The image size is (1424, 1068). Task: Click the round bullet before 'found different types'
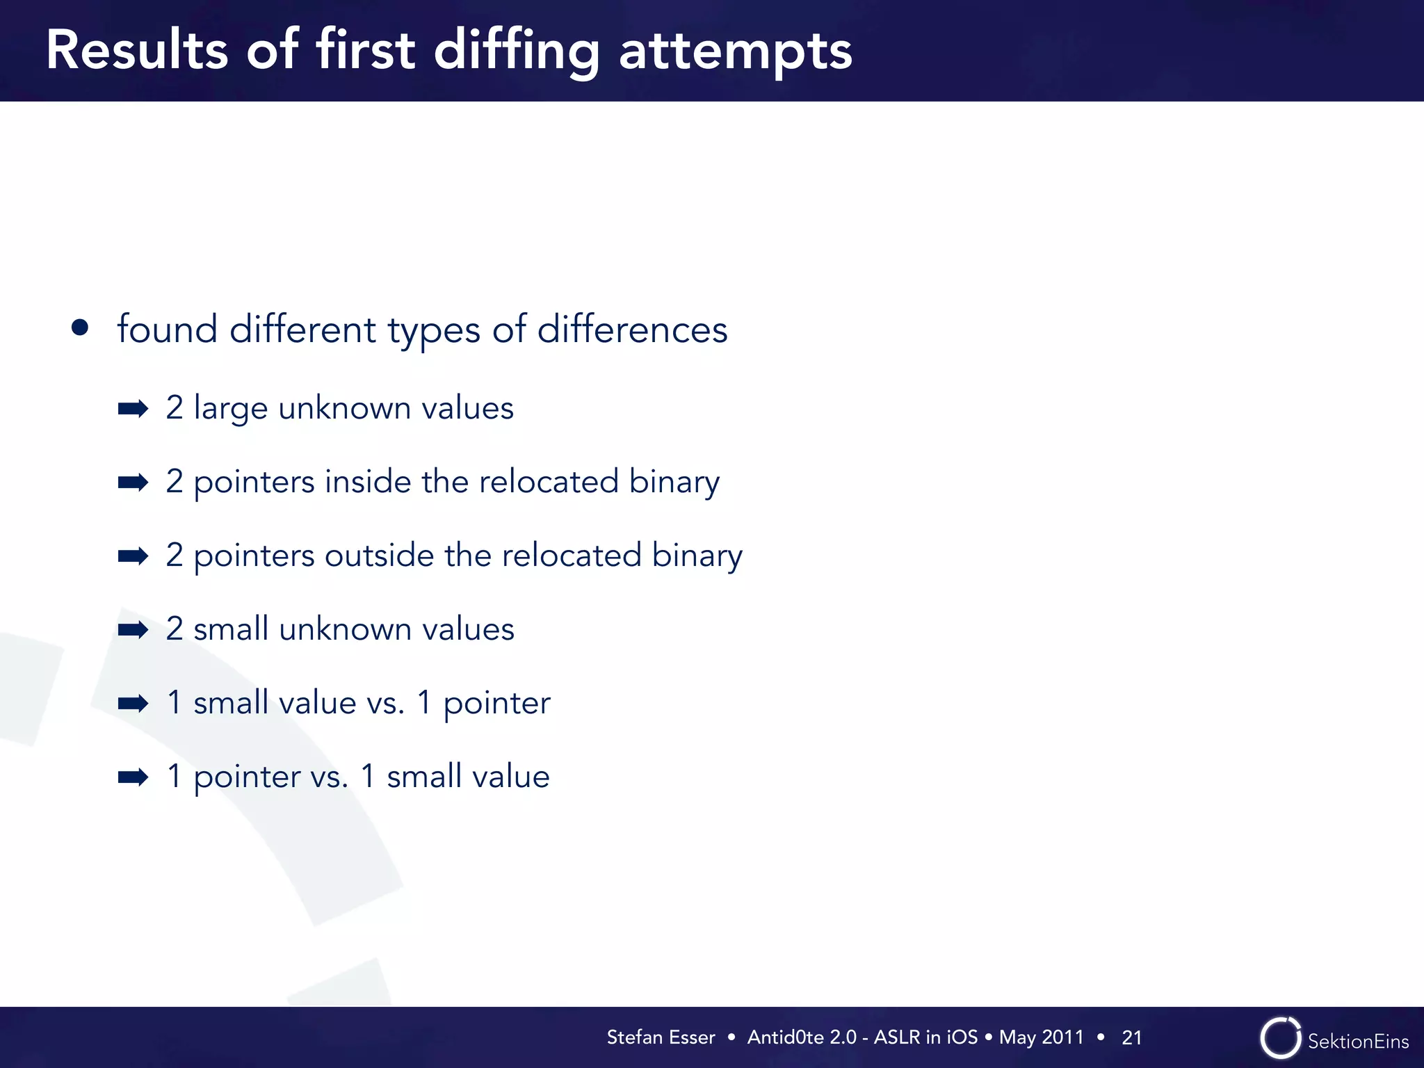point(80,327)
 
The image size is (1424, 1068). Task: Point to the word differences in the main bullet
point(632,329)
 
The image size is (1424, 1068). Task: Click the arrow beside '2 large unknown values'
point(133,409)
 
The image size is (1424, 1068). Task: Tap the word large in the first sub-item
point(230,409)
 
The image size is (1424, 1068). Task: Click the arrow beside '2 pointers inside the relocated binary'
point(133,482)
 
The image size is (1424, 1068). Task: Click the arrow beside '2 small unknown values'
point(133,630)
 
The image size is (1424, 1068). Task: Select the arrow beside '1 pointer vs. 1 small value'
point(133,777)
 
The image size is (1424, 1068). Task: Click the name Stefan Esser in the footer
point(661,1037)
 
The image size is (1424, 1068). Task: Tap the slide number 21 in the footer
point(1131,1037)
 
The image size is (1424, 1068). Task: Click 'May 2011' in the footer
point(1041,1037)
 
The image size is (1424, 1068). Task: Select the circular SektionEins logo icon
point(1280,1038)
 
